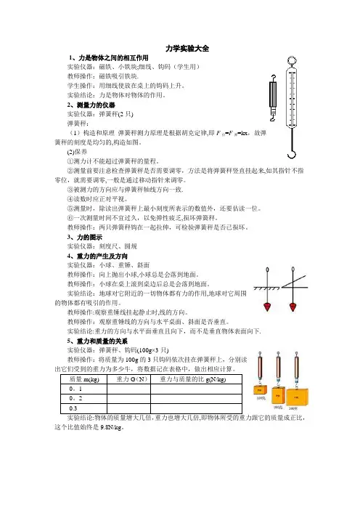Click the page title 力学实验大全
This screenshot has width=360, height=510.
coord(187,49)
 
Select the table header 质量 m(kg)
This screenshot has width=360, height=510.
coord(84,379)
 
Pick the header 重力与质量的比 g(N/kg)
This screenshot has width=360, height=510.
coord(192,379)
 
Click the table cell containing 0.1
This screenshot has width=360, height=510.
coord(83,389)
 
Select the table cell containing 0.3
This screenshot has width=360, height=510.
coord(83,408)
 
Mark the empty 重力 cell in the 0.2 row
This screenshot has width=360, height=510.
coord(129,399)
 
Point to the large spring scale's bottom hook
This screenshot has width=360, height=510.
coord(292,153)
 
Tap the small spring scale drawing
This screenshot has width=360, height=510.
coord(273,97)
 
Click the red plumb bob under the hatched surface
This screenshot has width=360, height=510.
coord(267,307)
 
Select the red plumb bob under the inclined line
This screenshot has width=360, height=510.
coord(292,307)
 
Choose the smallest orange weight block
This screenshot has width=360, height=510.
coord(260,389)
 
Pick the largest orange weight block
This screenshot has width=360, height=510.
coord(297,397)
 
